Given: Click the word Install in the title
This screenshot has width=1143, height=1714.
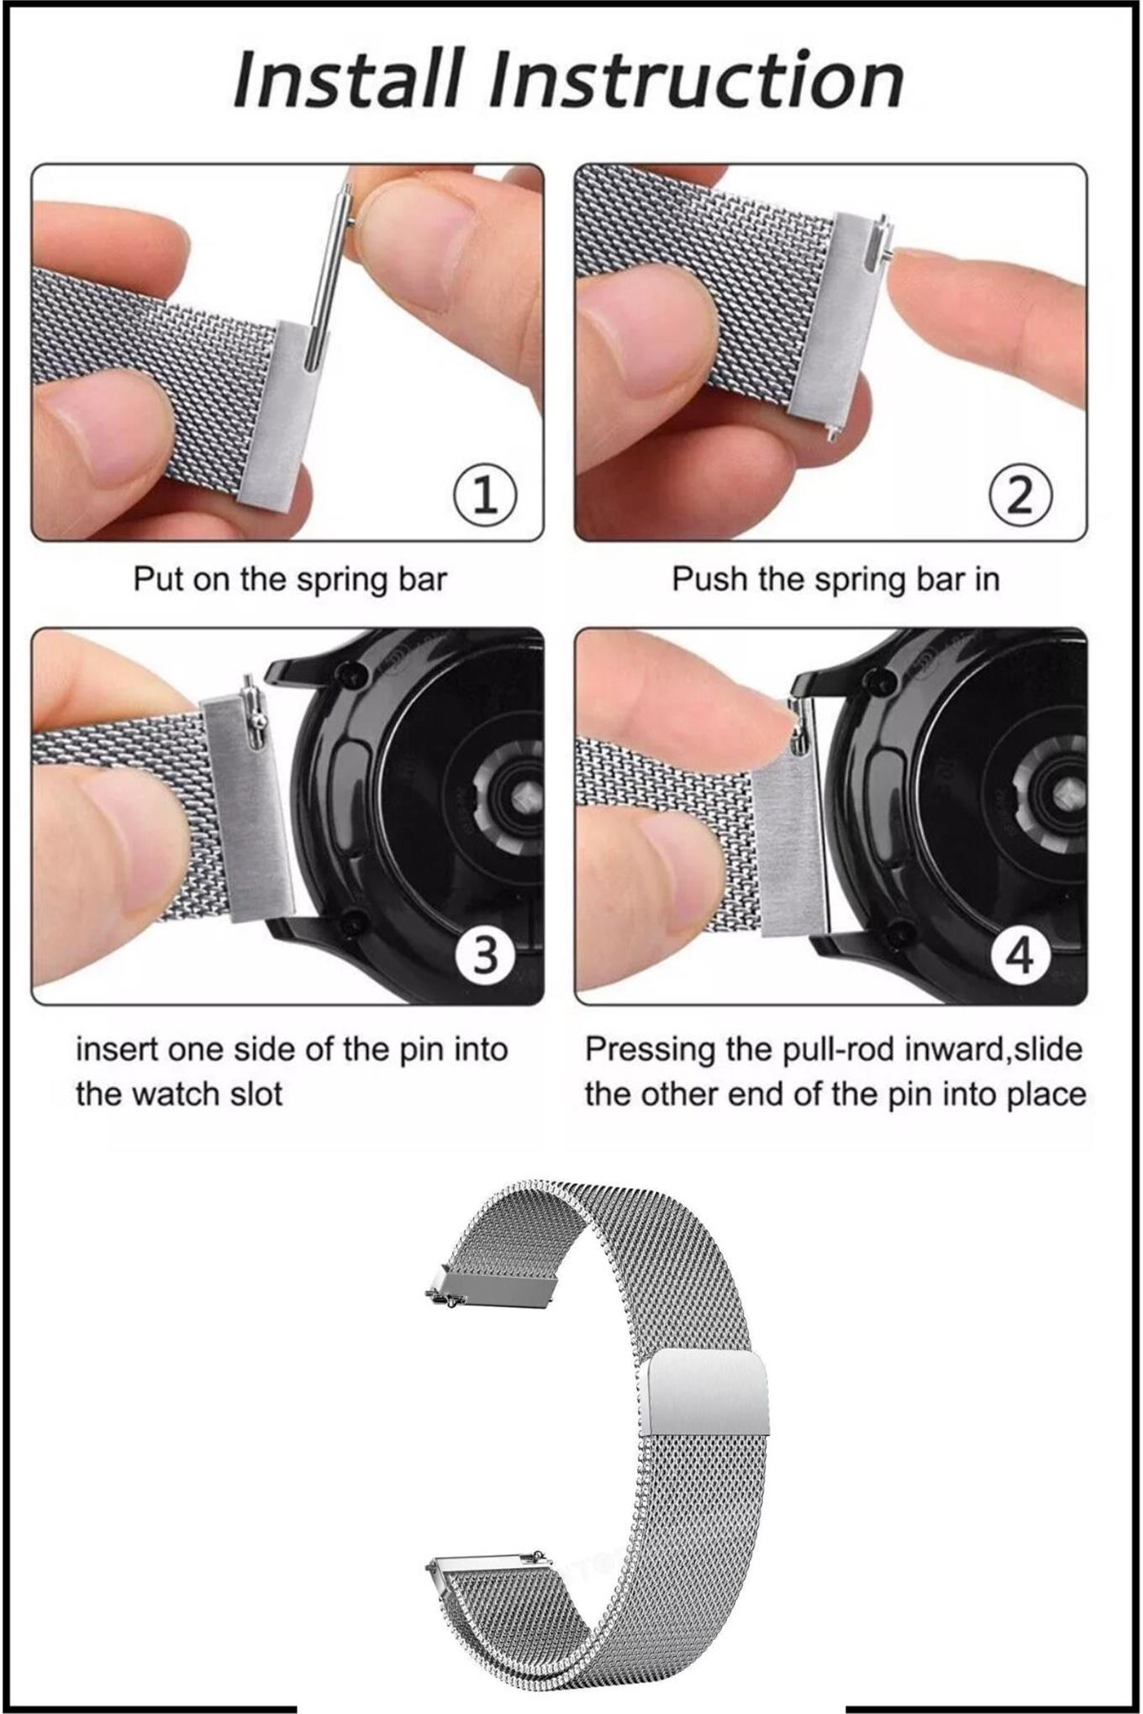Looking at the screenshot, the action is point(346,79).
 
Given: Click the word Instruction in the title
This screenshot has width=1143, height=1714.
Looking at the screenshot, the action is point(697,79).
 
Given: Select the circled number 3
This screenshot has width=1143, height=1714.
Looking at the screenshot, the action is point(485,955).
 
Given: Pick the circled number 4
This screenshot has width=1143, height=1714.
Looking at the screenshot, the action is point(1019,955).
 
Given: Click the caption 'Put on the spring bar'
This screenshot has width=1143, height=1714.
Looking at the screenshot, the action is point(290,580).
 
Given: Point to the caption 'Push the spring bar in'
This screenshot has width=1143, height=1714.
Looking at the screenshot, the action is point(835,580).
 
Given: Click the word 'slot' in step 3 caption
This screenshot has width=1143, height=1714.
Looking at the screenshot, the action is point(252,1094).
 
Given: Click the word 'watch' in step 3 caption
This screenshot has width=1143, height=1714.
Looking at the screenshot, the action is point(174,1094).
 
